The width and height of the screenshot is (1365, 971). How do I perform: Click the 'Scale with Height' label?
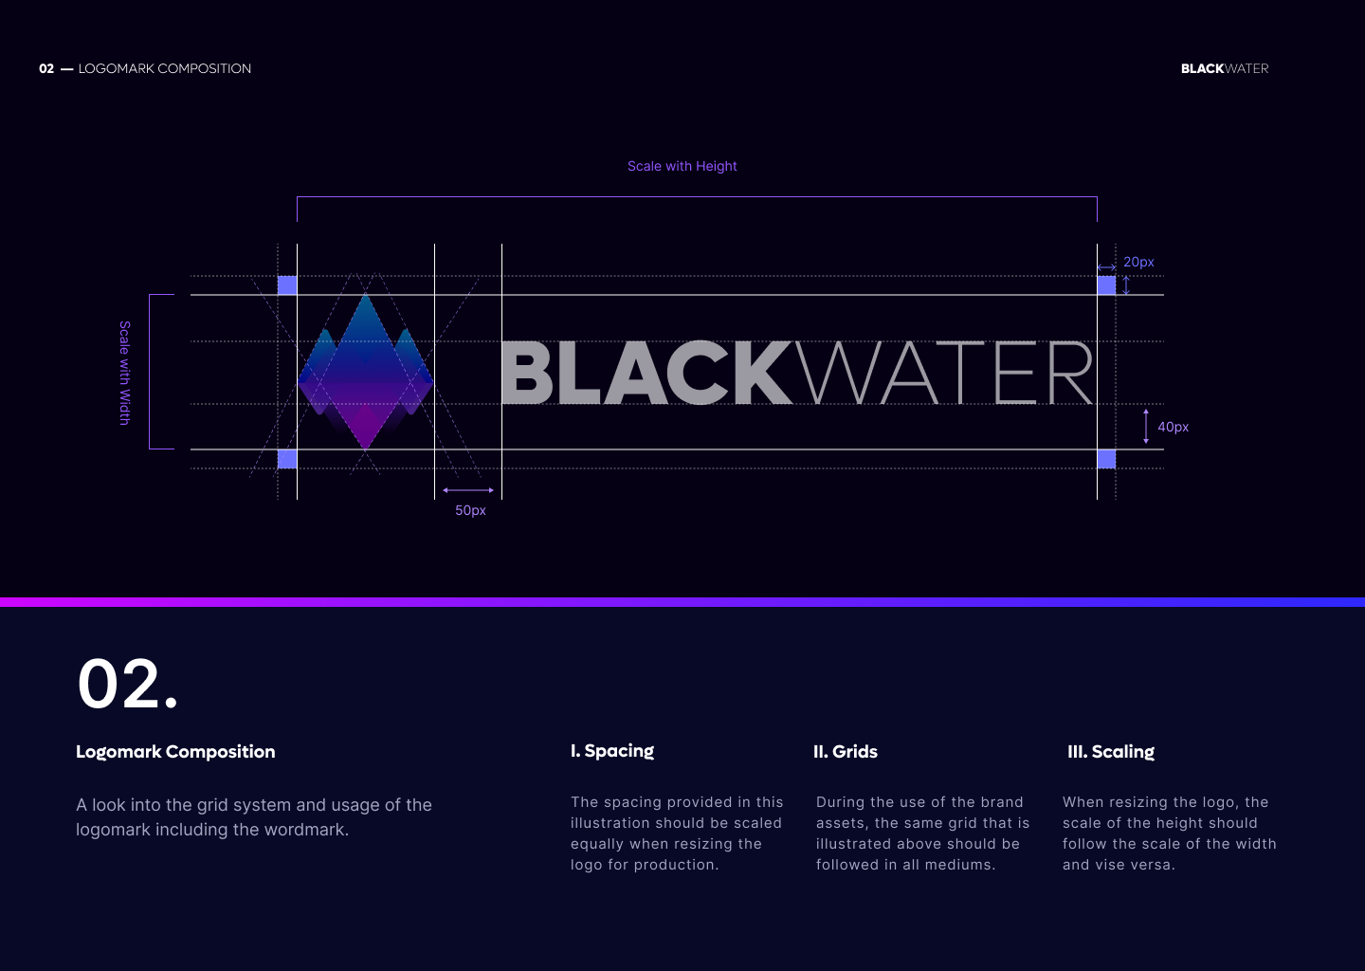(682, 166)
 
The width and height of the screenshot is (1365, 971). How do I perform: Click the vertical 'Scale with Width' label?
(124, 373)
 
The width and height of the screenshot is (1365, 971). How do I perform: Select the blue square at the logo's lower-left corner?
(287, 459)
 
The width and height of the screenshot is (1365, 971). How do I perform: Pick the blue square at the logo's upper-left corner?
(287, 285)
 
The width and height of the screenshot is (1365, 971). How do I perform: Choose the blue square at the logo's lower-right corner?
(1106, 459)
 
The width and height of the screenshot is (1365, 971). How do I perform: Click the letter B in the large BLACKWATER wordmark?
(527, 373)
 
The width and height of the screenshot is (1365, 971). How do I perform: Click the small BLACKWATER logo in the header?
(1224, 68)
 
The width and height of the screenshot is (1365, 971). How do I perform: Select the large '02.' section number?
(127, 684)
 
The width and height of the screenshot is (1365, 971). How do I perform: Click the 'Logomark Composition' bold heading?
(175, 752)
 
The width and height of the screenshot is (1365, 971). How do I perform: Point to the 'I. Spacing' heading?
(612, 751)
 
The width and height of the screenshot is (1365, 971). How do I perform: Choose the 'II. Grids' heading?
(845, 752)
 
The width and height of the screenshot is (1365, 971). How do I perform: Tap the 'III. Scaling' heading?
(1111, 752)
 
